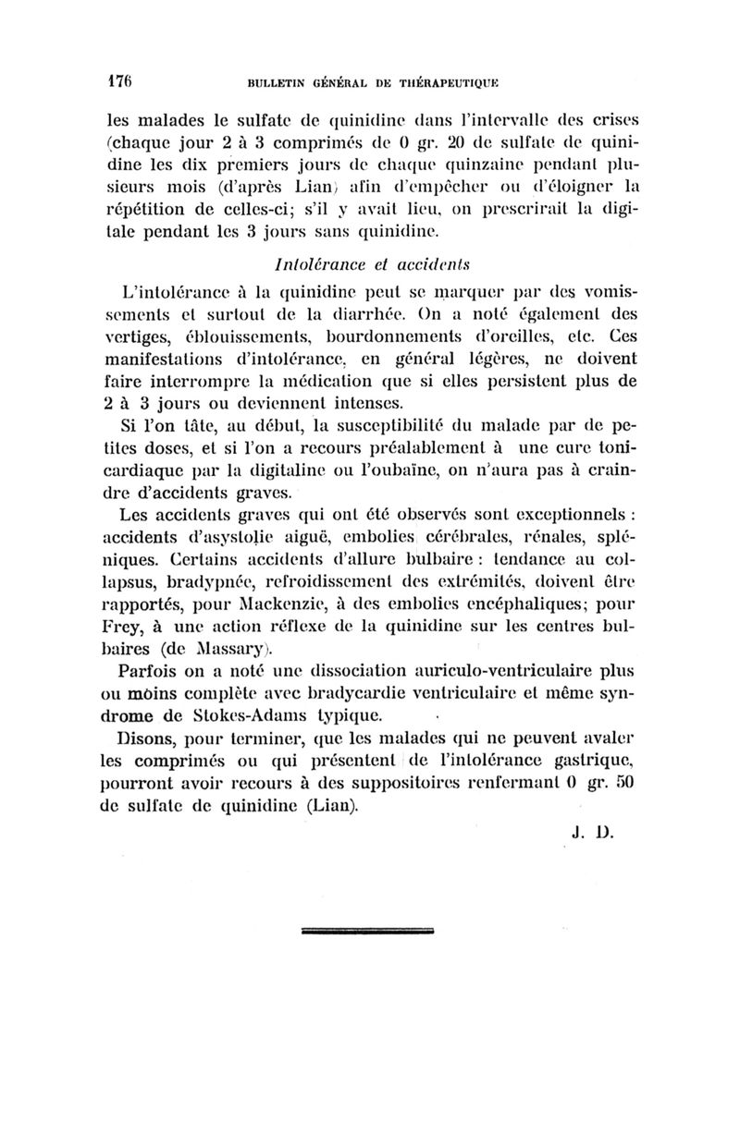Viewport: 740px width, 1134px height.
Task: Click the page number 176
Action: (x=118, y=79)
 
